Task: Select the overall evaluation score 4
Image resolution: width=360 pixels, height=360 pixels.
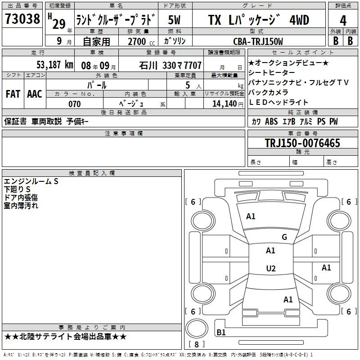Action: coord(343,20)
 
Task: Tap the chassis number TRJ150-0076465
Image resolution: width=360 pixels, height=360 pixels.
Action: coord(302,143)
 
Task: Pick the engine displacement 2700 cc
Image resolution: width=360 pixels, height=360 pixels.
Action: coord(138,41)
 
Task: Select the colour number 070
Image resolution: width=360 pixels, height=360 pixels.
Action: coord(75,104)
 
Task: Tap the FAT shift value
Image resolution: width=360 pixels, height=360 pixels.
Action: coord(13,94)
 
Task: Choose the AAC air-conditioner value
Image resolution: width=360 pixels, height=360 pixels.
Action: coord(34,94)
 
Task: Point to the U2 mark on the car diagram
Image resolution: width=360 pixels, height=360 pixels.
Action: coord(270,269)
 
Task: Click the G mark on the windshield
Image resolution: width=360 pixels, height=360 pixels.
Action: coord(284,237)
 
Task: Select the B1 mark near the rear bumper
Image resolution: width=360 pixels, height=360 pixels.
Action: coord(221,333)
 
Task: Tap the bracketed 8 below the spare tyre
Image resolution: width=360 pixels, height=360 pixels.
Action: coord(196,345)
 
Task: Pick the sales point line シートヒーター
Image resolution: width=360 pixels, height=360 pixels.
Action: coord(272,72)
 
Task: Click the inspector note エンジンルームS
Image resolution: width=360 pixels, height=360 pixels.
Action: coord(31,181)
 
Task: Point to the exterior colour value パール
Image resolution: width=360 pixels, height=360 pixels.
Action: coord(97,85)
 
